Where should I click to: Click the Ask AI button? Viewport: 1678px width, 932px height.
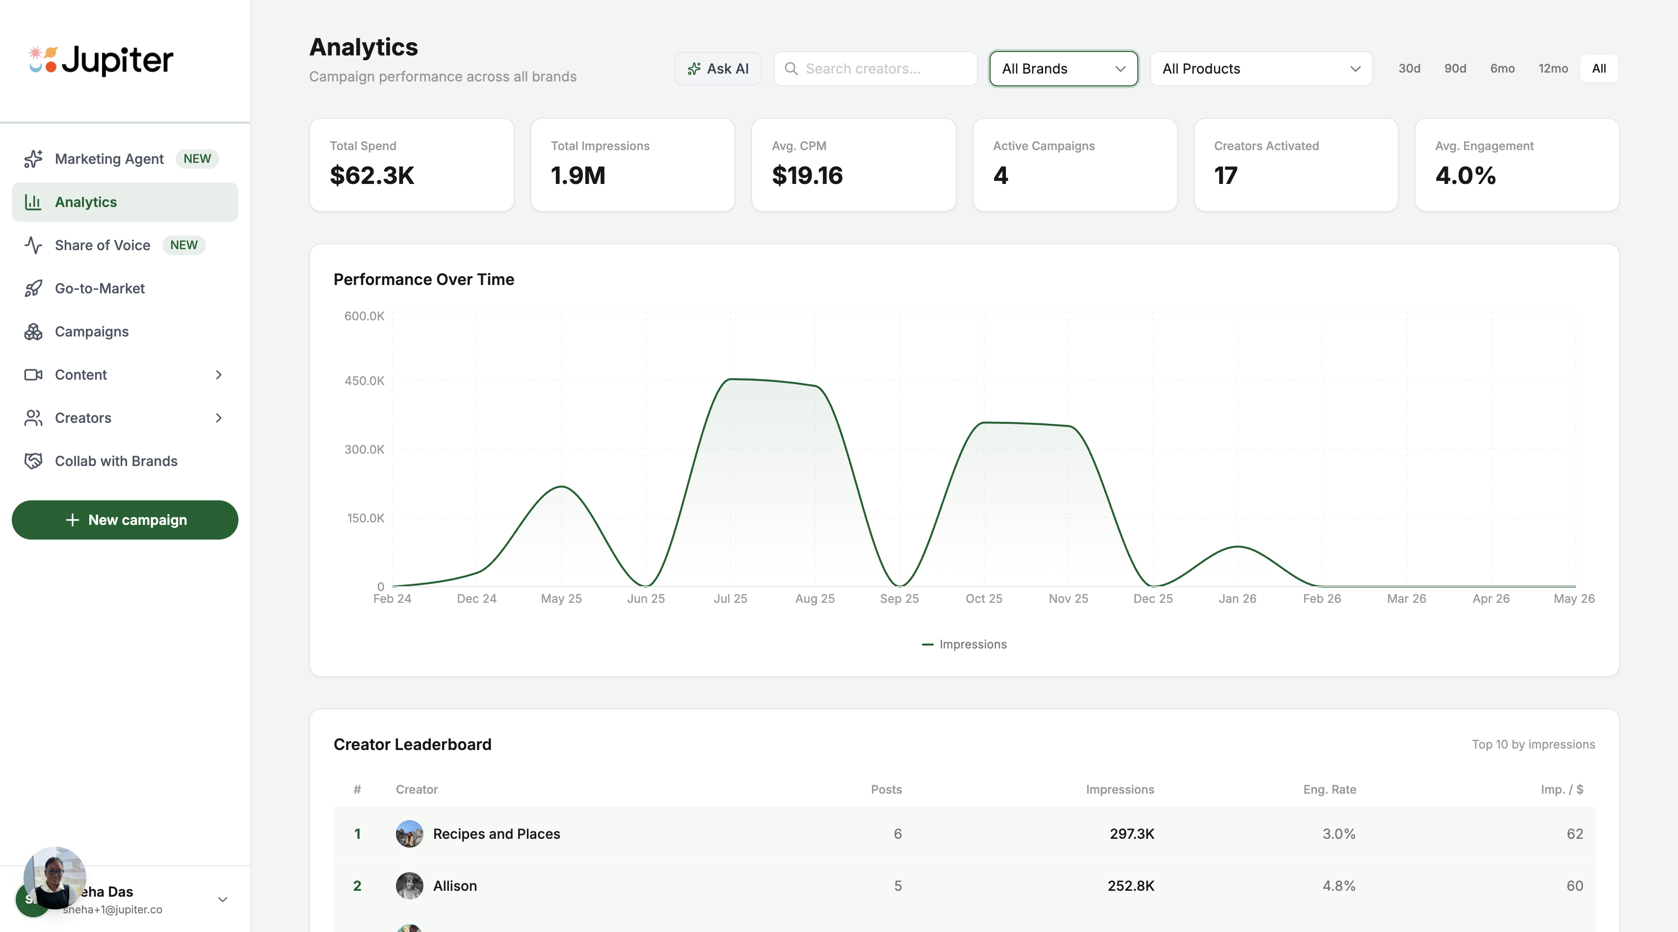coord(718,68)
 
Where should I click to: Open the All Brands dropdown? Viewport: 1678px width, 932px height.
coord(1063,68)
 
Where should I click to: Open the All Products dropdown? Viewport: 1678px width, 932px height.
coord(1260,68)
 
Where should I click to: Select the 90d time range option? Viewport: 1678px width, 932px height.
coord(1455,68)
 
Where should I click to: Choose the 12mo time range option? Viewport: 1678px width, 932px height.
coord(1552,68)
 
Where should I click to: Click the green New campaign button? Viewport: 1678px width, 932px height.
coord(125,520)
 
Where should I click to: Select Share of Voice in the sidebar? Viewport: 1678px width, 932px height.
coord(102,245)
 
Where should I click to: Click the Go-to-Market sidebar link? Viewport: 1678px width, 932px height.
coord(100,288)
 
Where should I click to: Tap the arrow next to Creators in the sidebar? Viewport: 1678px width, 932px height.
coord(219,418)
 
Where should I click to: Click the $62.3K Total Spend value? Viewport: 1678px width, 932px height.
coord(372,175)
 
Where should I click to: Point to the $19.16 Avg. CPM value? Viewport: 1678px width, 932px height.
coord(807,175)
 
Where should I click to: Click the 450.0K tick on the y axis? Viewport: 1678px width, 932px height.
coord(364,380)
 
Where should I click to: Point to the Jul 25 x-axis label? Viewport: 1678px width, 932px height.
coord(730,598)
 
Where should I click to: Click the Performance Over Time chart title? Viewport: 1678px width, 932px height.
coord(423,280)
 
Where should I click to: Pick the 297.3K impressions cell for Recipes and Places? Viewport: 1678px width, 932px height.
coord(1131,834)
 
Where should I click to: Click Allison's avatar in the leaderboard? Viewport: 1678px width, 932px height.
coord(409,886)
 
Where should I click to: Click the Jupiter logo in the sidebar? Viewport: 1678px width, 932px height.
coord(101,60)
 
